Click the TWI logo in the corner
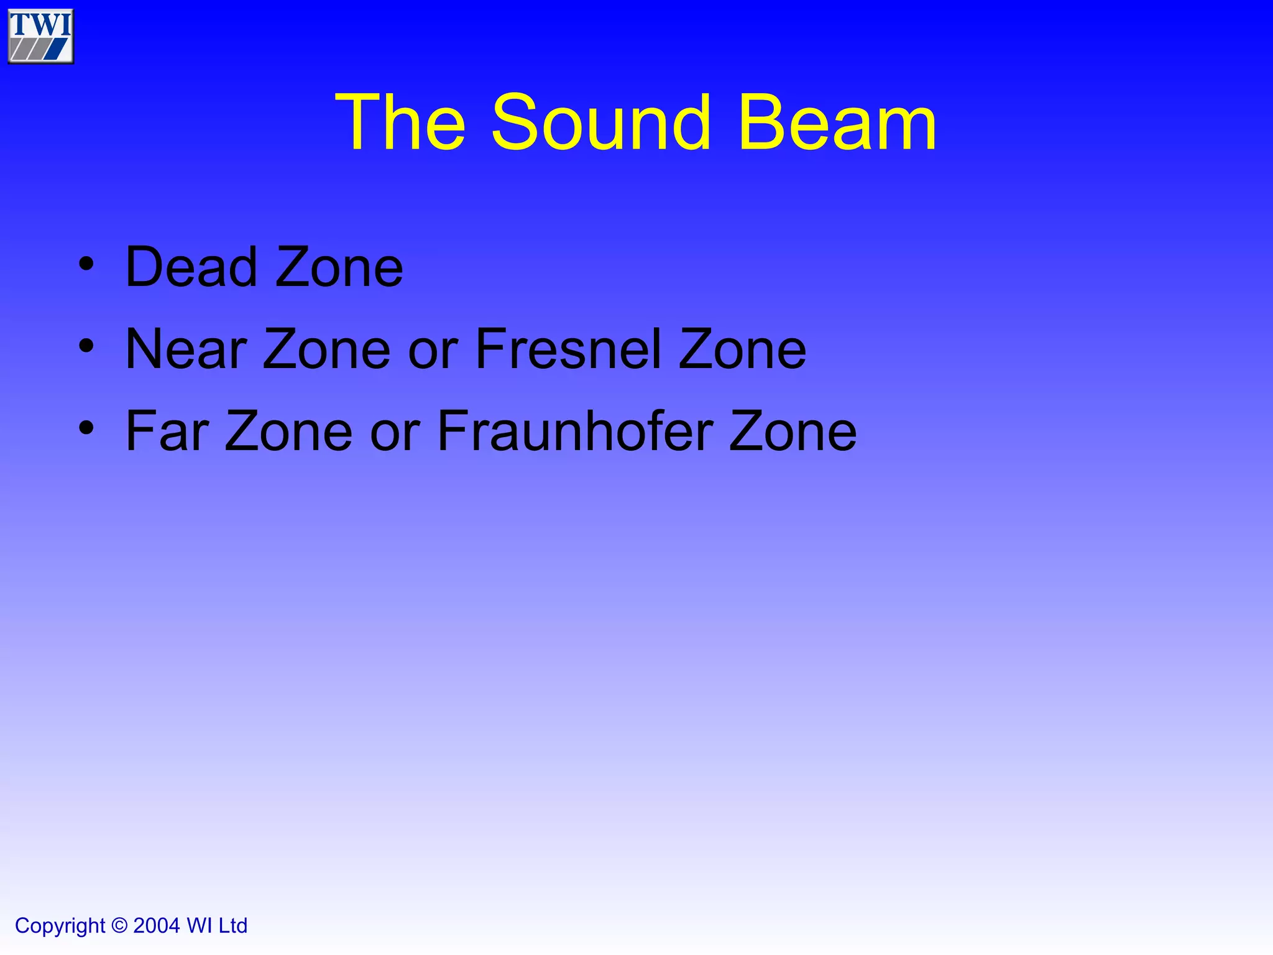point(40,36)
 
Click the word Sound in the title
point(600,122)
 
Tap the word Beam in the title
point(837,122)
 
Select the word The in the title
point(400,122)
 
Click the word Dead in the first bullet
point(191,267)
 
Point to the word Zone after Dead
point(339,267)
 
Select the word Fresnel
point(568,349)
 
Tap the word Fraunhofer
point(575,431)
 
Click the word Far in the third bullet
point(167,431)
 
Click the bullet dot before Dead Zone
point(86,264)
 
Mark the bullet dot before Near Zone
point(86,346)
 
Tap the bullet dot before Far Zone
point(86,428)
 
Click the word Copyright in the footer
point(60,926)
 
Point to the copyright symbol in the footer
point(119,926)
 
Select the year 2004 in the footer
point(157,926)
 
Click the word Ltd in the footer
point(233,926)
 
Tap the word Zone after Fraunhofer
point(793,431)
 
